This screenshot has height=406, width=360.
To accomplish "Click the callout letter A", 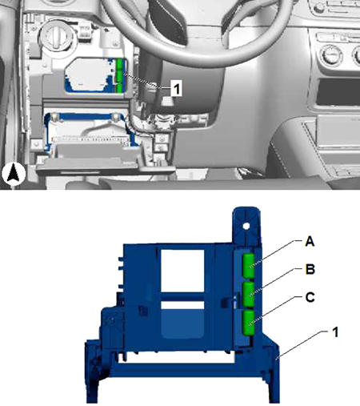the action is (x=310, y=241).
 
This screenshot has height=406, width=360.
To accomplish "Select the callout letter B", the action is (x=310, y=269).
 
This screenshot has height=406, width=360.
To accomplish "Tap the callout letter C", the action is (x=310, y=297).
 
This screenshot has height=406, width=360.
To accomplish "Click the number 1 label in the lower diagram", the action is (x=335, y=332).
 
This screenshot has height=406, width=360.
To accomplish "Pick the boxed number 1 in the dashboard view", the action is (x=177, y=88).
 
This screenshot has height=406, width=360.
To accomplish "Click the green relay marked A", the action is (x=249, y=265).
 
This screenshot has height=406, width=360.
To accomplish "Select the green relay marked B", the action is (x=249, y=294).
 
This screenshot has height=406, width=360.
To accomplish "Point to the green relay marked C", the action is (x=249, y=323).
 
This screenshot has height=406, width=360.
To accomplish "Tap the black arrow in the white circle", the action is (x=14, y=174).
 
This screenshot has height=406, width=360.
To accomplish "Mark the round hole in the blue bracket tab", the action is (x=246, y=227).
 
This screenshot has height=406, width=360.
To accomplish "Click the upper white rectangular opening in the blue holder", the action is (x=182, y=271).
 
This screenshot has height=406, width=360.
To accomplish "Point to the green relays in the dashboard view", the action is (x=120, y=75).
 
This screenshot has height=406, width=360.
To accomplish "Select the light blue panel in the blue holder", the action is (x=182, y=324).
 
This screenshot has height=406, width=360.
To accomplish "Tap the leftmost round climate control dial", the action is (x=331, y=55).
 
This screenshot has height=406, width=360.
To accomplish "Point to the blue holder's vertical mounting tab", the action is (x=246, y=226).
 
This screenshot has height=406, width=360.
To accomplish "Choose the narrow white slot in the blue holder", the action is (x=182, y=305).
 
